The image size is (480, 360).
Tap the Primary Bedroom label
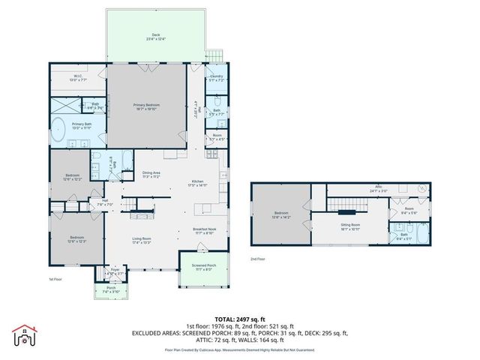coord(147,106)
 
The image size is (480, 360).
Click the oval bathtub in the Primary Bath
coord(58,130)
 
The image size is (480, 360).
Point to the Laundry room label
coord(216,77)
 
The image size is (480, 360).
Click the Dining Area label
coord(152,175)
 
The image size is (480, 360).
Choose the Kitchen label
coord(198,182)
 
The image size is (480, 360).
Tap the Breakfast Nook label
coord(204,231)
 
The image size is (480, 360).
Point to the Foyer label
coord(115,271)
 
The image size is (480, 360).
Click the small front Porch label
coord(110,289)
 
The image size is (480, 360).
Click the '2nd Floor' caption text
coord(257,259)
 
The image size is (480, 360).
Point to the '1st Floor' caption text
coord(55,280)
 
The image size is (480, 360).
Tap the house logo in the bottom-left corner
coord(25,336)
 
